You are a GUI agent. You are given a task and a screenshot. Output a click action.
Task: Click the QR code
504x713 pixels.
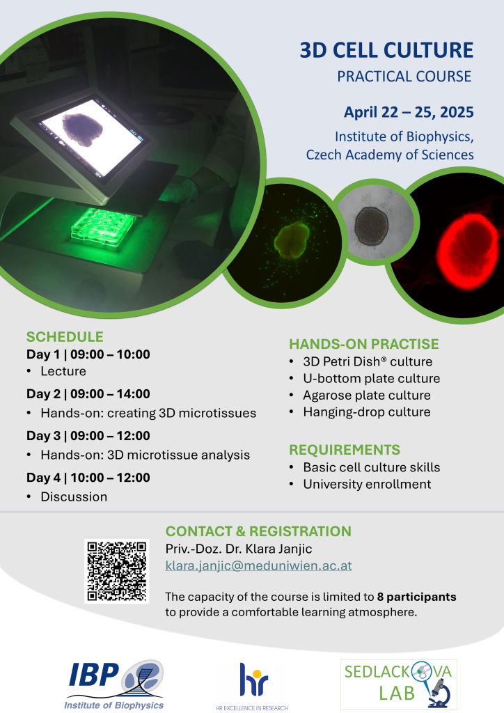point(117,571)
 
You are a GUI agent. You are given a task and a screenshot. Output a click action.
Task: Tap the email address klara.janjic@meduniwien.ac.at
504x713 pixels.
point(258,565)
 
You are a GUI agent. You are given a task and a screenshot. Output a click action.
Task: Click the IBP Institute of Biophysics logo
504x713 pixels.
point(114,685)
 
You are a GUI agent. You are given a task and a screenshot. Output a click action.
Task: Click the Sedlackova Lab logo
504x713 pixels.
point(399,684)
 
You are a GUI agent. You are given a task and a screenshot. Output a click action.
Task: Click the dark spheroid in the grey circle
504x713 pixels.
point(371,226)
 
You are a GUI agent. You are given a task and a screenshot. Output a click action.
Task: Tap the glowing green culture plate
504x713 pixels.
point(104,226)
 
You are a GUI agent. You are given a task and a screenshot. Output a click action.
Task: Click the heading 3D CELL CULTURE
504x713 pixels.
point(386,50)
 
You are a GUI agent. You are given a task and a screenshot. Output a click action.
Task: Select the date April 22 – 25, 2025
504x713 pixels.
point(409,112)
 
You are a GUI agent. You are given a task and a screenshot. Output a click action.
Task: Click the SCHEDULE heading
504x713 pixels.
point(65,336)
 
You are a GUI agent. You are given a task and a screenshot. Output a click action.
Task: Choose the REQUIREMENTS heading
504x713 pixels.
point(345,450)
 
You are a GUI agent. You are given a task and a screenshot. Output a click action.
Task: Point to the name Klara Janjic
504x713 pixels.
point(278,549)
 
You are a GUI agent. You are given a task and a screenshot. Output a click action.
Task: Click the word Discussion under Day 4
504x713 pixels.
point(74,496)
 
